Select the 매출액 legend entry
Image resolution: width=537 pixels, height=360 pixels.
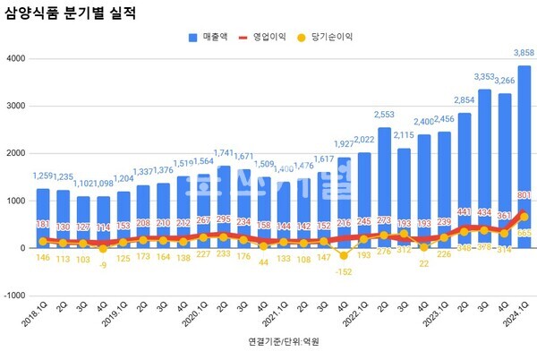pos(214,38)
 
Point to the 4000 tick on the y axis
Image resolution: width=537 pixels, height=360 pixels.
pos(13,58)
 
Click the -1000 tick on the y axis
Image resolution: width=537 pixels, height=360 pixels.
pos(12,296)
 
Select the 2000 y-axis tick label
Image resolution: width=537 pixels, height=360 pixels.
pos(13,153)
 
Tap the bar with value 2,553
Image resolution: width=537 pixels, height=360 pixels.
pos(385,187)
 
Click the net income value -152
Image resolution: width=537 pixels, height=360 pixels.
pos(344,272)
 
